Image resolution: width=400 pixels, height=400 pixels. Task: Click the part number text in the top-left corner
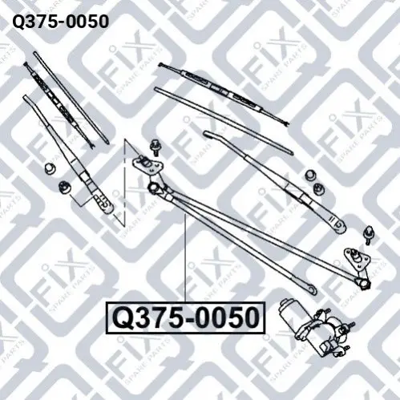(x=61, y=22)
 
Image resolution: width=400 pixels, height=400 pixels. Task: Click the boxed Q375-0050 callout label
(x=185, y=318)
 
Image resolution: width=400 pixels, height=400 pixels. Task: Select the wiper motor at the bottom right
(x=316, y=328)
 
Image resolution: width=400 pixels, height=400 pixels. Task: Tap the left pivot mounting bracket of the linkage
(x=147, y=164)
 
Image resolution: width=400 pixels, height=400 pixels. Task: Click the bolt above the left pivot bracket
(x=155, y=147)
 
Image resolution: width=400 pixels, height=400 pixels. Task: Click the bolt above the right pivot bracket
(x=369, y=235)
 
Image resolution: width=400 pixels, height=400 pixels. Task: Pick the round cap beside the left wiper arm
(x=50, y=168)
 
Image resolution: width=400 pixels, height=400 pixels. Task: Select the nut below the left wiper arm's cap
(x=65, y=186)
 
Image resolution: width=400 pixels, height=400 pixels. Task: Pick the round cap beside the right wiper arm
(x=310, y=175)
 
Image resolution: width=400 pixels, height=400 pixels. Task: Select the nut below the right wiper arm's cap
(x=319, y=188)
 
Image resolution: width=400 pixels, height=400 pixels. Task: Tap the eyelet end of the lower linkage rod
(x=311, y=289)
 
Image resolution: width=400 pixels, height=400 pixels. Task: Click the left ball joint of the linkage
(x=153, y=187)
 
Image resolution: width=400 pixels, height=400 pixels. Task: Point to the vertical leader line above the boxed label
(x=184, y=258)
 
